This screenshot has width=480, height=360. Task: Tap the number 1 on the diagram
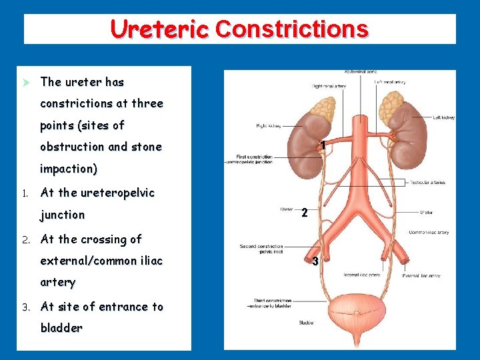coord(322,145)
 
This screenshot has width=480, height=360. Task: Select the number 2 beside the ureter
coord(304,213)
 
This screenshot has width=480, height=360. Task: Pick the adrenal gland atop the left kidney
coord(391,100)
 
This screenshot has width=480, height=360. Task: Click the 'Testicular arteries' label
coord(427,183)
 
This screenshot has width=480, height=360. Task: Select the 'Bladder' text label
coord(307,323)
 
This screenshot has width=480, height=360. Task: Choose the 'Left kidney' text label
coord(443,117)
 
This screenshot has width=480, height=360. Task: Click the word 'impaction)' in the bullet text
coord(69,169)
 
